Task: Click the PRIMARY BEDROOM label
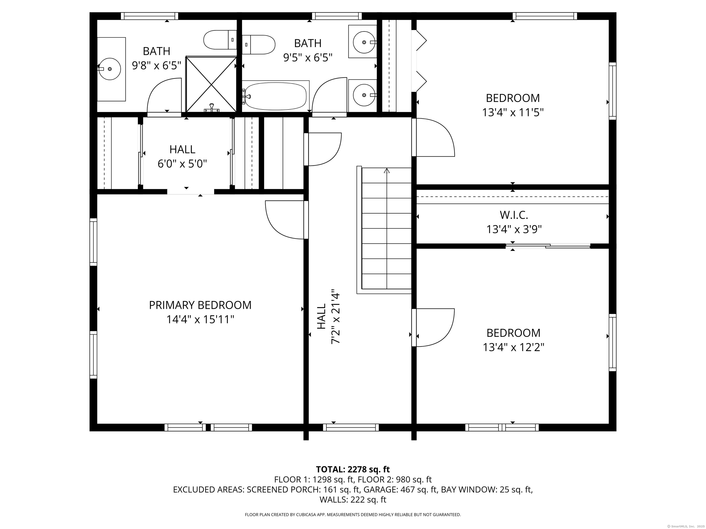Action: pyautogui.click(x=200, y=305)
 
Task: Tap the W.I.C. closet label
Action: pyautogui.click(x=514, y=215)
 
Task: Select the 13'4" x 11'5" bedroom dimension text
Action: pyautogui.click(x=513, y=113)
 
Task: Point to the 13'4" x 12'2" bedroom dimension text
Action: pyautogui.click(x=514, y=347)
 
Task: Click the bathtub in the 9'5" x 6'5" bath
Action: pyautogui.click(x=276, y=96)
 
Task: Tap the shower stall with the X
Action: pyautogui.click(x=211, y=84)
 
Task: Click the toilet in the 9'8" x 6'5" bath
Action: pyautogui.click(x=220, y=40)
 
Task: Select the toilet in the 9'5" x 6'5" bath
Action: pyautogui.click(x=259, y=45)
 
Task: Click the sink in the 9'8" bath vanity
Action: pyautogui.click(x=109, y=69)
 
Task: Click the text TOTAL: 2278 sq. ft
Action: pyautogui.click(x=353, y=469)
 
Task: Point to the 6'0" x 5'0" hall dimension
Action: pyautogui.click(x=182, y=164)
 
